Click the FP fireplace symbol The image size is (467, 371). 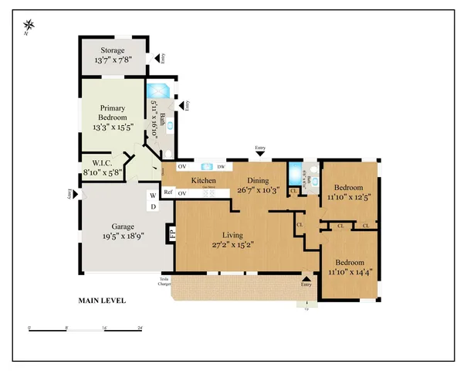(171, 232)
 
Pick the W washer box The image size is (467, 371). (152, 196)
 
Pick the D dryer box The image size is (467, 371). (152, 206)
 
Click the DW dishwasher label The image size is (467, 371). (221, 166)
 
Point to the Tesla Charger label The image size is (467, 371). (164, 281)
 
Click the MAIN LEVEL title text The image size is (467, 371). (102, 301)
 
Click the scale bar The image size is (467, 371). (86, 331)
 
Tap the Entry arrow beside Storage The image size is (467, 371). (157, 57)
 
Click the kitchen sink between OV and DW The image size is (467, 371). (206, 166)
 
